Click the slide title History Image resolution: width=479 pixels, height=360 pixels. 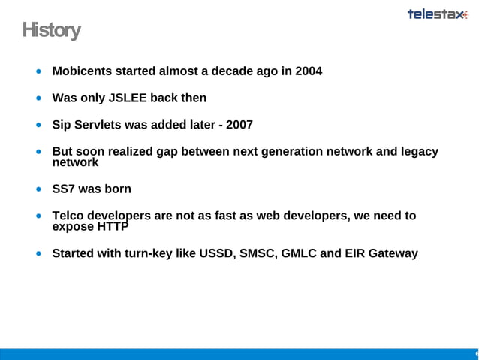click(x=50, y=31)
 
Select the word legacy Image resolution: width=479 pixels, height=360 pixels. click(x=417, y=151)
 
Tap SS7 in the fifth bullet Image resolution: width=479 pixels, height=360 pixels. click(x=64, y=189)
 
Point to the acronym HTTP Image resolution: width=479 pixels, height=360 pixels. click(x=112, y=227)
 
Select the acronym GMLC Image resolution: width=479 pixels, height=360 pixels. click(x=300, y=253)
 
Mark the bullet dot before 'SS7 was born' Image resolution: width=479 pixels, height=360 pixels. click(x=38, y=189)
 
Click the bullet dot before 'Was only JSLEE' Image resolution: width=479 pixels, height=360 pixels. click(x=38, y=98)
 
